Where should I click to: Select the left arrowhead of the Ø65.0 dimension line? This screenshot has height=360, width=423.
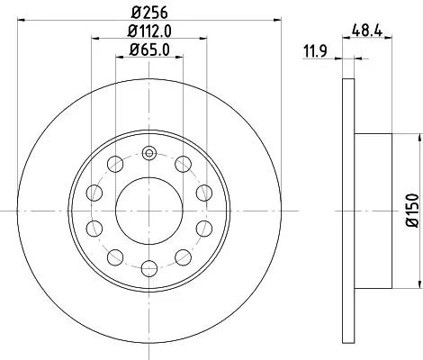click(118, 56)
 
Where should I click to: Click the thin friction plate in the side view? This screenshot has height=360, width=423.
click(349, 209)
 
